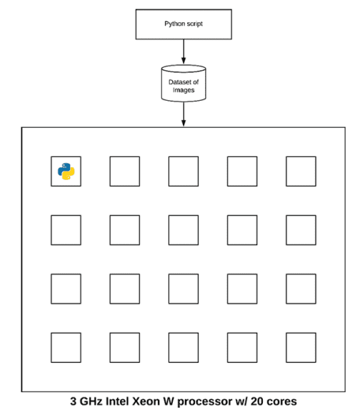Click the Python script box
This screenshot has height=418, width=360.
pyautogui.click(x=184, y=24)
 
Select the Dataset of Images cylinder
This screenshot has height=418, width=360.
pyautogui.click(x=184, y=84)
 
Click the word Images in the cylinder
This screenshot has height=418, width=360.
pyautogui.click(x=184, y=90)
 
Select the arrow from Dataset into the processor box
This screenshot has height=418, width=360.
pyautogui.click(x=184, y=114)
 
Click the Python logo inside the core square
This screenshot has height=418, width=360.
pyautogui.click(x=66, y=171)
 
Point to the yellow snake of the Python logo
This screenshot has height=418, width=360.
pyautogui.click(x=69, y=174)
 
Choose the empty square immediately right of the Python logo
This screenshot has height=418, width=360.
pyautogui.click(x=124, y=171)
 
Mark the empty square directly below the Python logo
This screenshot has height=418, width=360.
pyautogui.click(x=66, y=230)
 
